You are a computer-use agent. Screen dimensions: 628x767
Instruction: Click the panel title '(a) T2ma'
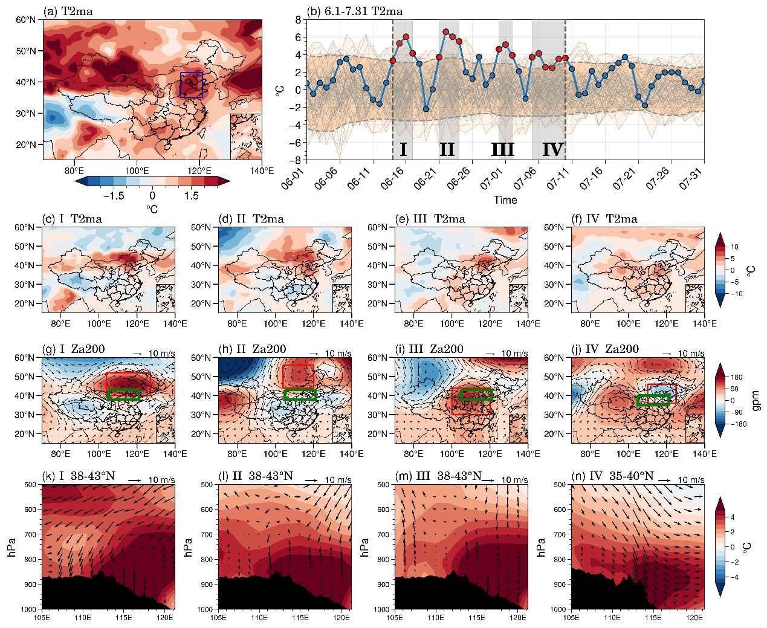(x=67, y=11)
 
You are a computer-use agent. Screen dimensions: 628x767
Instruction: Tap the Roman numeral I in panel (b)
(x=403, y=149)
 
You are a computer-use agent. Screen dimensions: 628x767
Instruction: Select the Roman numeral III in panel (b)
(x=502, y=149)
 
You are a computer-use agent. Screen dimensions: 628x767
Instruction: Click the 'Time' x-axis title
(x=505, y=200)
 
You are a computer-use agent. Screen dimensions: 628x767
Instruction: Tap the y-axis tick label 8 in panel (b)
(x=297, y=20)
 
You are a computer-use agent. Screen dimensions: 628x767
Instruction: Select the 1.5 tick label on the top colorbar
(x=191, y=195)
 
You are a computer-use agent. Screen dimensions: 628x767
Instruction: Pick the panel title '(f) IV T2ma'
(x=604, y=219)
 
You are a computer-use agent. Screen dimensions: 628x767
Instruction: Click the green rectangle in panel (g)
(x=123, y=395)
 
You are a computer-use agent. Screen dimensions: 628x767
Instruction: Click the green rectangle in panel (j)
(x=653, y=400)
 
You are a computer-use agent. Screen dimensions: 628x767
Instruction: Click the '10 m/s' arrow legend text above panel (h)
(x=338, y=354)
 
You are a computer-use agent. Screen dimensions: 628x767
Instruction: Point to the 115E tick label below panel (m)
(x=476, y=618)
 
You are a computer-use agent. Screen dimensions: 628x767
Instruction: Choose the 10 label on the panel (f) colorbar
(x=734, y=247)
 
